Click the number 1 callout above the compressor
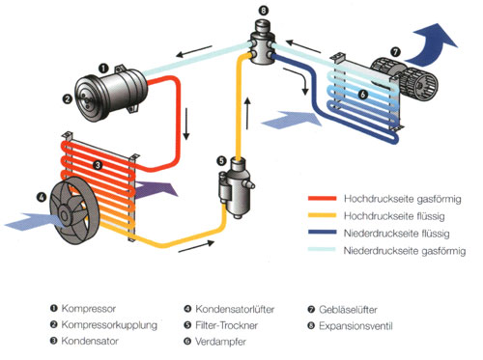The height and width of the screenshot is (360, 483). point(103,69)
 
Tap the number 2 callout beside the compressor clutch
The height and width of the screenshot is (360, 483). point(68,98)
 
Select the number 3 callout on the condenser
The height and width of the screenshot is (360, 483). point(98,165)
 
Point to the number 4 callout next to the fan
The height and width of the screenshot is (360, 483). point(42,197)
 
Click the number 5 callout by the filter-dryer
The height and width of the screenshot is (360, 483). point(221,160)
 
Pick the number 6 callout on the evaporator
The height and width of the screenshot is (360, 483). point(363,95)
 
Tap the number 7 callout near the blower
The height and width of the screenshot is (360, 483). point(395,52)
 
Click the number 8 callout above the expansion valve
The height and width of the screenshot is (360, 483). point(263,11)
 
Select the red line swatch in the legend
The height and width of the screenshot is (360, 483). point(322,198)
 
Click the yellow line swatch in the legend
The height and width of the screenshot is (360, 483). point(322,215)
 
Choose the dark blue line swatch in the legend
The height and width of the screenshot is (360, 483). point(322,233)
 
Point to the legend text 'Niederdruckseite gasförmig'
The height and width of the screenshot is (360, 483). point(405,251)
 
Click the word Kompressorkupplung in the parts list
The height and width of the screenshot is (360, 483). point(109,325)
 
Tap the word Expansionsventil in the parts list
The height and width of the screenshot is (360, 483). point(355,326)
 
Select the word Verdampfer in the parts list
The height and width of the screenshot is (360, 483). point(220,342)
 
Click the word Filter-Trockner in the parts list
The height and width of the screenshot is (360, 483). point(226,325)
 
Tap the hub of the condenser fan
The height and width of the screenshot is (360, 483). point(64,215)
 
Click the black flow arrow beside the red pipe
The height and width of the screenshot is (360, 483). point(186,124)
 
